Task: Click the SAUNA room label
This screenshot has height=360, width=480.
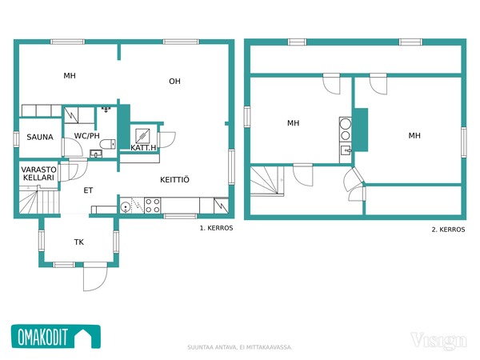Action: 40,137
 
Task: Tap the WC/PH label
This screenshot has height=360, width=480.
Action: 87,136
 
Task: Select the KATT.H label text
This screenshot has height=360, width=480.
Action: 143,147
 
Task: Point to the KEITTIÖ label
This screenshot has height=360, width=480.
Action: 174,179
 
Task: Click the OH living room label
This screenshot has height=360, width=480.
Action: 174,81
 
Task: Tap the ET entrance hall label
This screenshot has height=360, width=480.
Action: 88,190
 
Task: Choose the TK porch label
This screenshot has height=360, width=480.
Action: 79,242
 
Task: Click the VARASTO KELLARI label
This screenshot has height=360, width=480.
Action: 38,174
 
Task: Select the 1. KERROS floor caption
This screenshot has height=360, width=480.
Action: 216,228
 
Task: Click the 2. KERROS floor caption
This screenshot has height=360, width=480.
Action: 448,230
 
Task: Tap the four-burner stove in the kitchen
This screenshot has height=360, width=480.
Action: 152,206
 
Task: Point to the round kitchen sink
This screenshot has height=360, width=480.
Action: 126,207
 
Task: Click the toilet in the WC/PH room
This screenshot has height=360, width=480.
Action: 108,144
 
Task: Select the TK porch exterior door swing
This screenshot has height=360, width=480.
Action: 95,277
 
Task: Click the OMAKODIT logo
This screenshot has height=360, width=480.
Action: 56,337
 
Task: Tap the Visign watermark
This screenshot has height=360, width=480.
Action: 438,341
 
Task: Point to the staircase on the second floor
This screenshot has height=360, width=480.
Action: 267,181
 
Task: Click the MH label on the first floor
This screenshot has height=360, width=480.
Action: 70,76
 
